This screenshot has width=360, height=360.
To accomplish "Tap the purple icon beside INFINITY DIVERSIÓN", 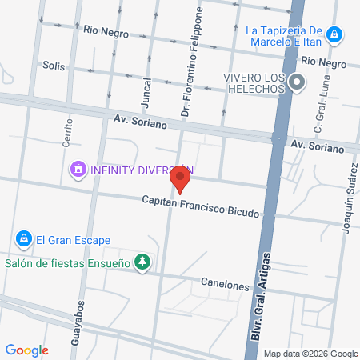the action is [78, 170].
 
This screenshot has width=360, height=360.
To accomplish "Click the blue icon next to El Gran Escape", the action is [22, 239].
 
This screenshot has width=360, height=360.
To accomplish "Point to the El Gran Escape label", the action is [72, 240].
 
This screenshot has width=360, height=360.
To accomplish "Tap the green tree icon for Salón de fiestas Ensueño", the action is [142, 262].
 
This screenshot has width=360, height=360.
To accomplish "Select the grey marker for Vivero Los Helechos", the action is [298, 82].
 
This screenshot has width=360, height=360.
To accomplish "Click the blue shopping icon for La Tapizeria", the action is [337, 34].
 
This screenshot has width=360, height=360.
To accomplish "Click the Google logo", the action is [26, 350].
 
